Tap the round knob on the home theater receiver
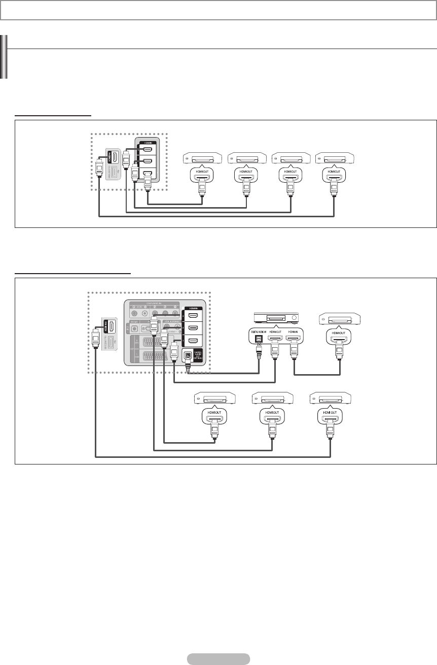click(294, 318)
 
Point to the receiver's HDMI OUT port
click(275, 339)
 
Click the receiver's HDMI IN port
click(295, 339)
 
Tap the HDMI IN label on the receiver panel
click(295, 332)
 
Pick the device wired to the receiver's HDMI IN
click(340, 319)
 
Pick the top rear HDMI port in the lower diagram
click(193, 316)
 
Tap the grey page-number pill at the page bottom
click(218, 659)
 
